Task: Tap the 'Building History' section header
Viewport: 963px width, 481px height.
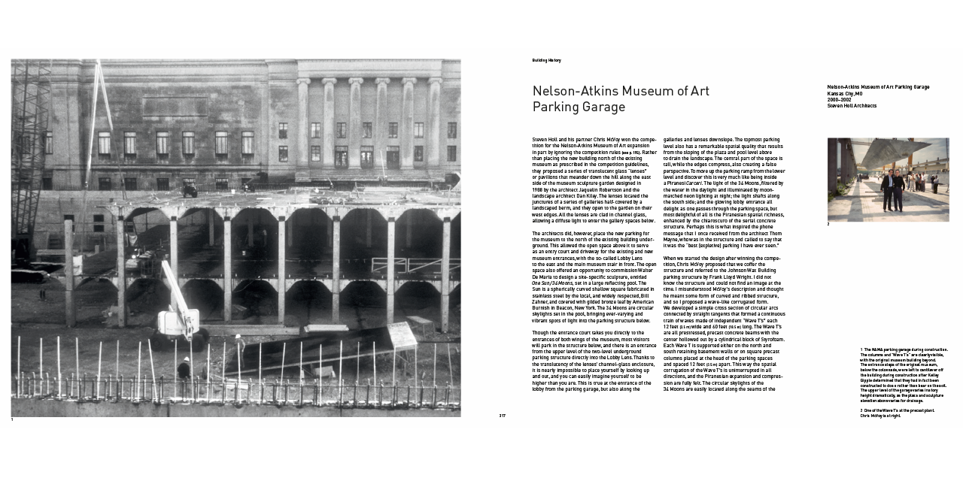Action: [546, 60]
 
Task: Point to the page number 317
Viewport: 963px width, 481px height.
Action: [502, 415]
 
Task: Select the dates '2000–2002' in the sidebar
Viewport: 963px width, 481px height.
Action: [840, 99]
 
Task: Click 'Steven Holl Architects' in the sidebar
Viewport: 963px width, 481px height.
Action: [852, 106]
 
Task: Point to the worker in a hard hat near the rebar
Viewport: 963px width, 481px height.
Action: [184, 368]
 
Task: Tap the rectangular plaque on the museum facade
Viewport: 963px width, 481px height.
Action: [175, 105]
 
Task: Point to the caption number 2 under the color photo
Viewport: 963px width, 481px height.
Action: [828, 224]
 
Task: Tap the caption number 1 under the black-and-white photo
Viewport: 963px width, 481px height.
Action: [13, 419]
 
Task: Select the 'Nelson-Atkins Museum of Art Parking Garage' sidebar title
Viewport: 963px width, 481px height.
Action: [878, 87]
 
